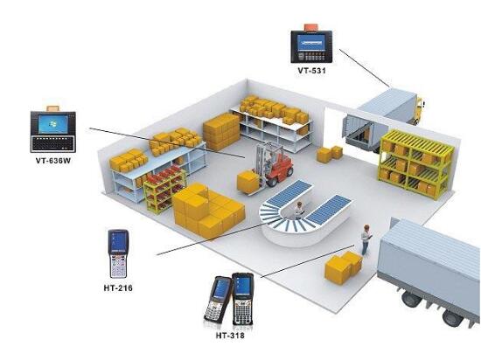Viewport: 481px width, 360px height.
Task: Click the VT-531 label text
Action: click(311, 71)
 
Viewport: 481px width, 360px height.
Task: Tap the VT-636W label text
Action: click(53, 160)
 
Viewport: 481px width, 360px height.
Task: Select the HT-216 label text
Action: click(118, 287)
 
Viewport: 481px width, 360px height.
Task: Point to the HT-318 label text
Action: click(230, 336)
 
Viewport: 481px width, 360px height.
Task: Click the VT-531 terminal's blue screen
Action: click(311, 43)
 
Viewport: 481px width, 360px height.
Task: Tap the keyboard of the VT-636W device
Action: click(53, 143)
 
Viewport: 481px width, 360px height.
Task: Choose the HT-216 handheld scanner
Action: click(118, 253)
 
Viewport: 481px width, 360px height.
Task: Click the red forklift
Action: click(274, 164)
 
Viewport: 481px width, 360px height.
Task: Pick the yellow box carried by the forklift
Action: click(248, 182)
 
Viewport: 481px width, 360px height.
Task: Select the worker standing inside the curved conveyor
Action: click(299, 210)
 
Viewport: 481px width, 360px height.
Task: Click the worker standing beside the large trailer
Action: click(366, 239)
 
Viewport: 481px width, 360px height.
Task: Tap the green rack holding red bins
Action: click(164, 189)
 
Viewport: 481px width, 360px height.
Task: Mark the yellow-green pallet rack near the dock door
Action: click(416, 164)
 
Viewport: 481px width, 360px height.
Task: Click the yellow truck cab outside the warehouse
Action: click(419, 111)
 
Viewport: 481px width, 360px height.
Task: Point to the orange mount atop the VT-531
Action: click(311, 27)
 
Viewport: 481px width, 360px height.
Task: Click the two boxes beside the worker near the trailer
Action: click(344, 267)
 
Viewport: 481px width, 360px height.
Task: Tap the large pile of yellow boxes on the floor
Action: click(207, 211)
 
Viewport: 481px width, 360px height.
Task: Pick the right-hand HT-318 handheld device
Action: click(242, 299)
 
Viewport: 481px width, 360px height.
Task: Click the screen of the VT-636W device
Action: click(53, 124)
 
